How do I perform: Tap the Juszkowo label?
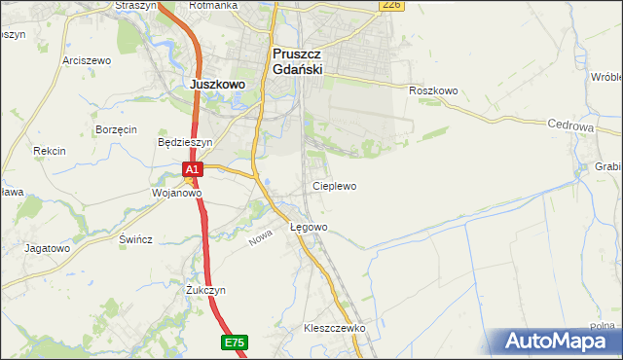[x=216, y=85]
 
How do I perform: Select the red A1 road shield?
[x=193, y=169]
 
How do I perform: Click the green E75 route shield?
[x=234, y=342]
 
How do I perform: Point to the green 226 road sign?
[x=391, y=5]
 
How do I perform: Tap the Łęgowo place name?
[x=310, y=227]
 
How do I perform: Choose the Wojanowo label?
[x=176, y=193]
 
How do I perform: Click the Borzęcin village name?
[x=116, y=129]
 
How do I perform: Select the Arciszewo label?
[x=87, y=60]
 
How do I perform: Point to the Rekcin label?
[x=49, y=151]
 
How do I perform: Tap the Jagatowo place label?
[x=48, y=248]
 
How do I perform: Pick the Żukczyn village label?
[x=205, y=290]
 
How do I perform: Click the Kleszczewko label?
[x=334, y=329]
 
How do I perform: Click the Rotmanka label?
[x=214, y=6]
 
